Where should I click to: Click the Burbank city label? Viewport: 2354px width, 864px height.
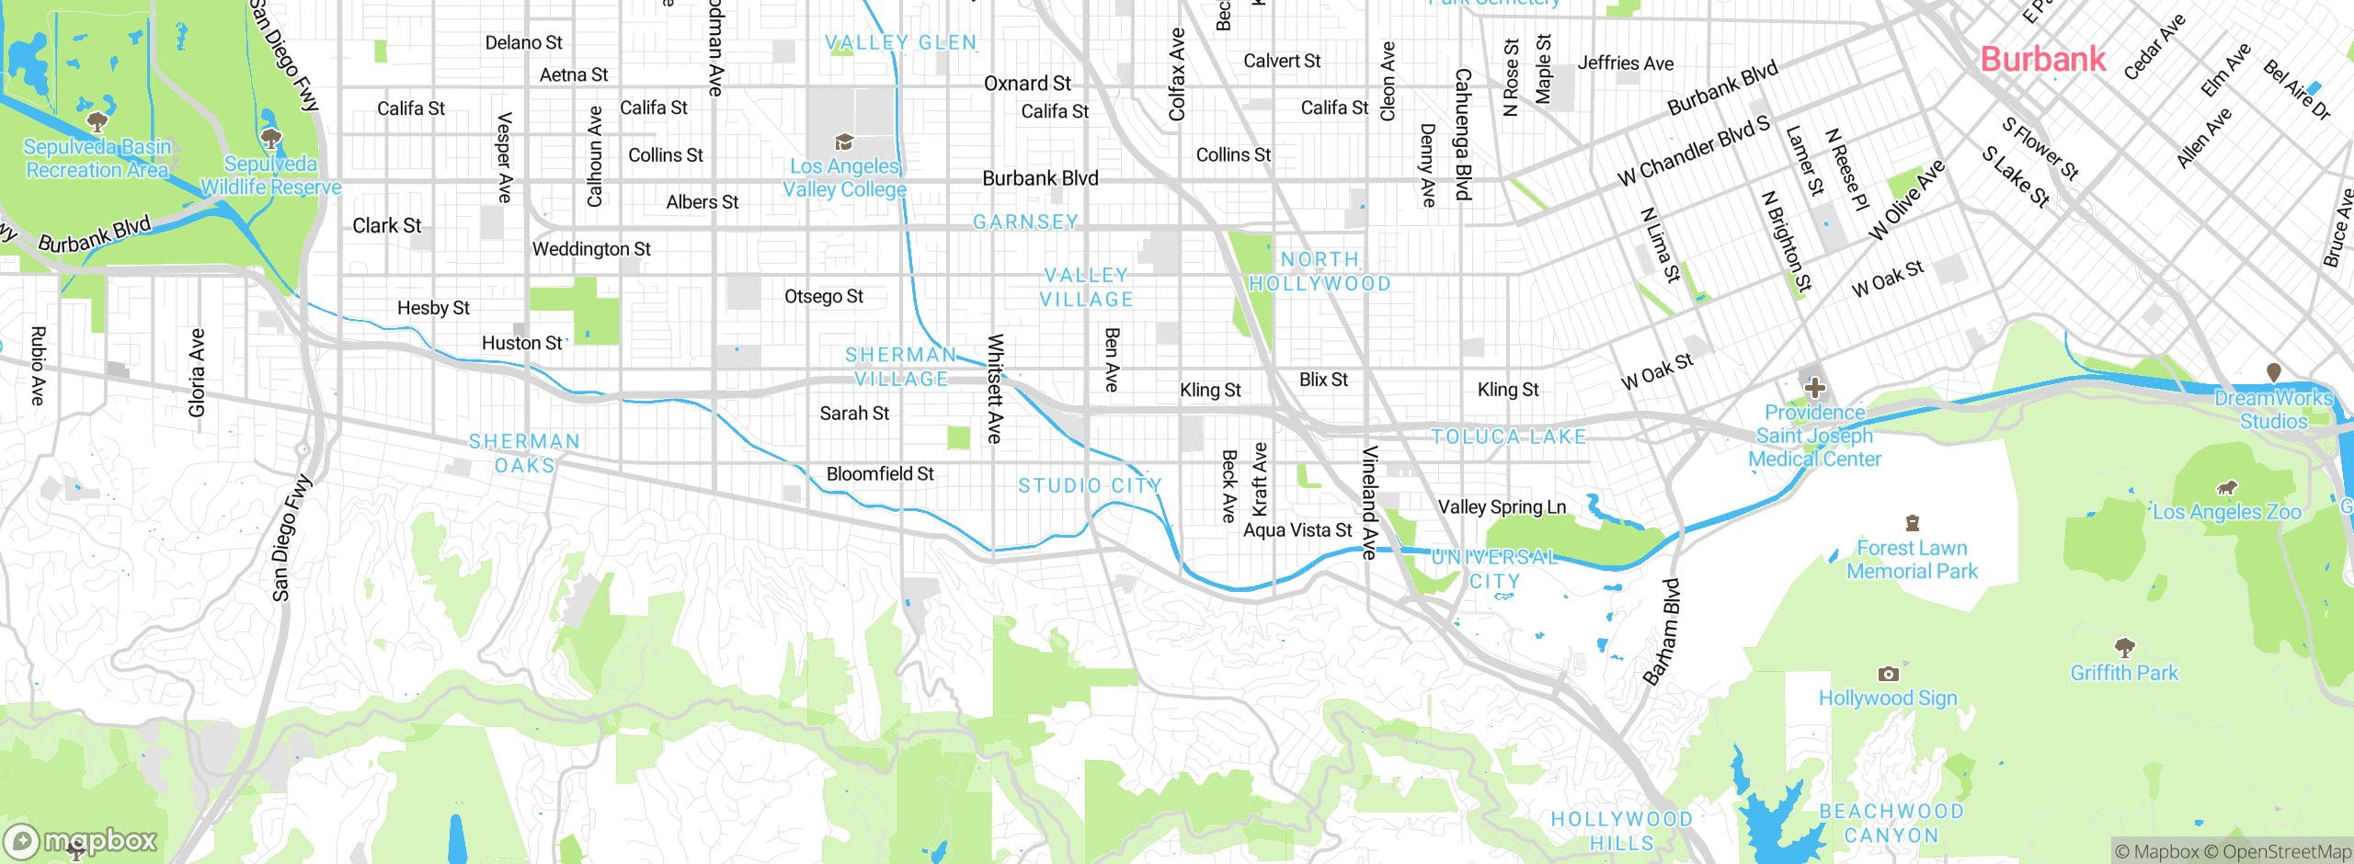click(2042, 60)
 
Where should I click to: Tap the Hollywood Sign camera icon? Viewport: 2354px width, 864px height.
click(1888, 674)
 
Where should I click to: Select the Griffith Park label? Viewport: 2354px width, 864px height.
click(2123, 673)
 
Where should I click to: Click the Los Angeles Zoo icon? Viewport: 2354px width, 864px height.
click(2226, 488)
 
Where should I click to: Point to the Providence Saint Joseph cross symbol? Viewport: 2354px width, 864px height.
click(1814, 388)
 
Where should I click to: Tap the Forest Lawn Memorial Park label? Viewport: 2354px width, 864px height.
click(1912, 559)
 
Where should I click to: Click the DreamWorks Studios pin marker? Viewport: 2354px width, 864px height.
click(2273, 372)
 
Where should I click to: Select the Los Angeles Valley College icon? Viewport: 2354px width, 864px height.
click(843, 142)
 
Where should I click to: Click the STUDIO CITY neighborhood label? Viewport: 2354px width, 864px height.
click(1090, 485)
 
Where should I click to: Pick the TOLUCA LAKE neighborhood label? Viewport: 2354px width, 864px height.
click(1509, 437)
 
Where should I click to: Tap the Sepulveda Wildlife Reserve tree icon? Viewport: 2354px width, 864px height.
click(270, 139)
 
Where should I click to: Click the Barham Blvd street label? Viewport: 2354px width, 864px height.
click(1663, 632)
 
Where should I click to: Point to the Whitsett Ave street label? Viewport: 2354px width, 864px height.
click(994, 389)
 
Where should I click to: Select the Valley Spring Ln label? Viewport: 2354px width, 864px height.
click(1502, 506)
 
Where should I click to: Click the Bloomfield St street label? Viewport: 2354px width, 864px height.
click(880, 473)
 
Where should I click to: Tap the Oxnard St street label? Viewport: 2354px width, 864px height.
click(1027, 84)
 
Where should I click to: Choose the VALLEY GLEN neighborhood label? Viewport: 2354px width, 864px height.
click(900, 42)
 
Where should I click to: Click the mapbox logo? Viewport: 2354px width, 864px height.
click(81, 840)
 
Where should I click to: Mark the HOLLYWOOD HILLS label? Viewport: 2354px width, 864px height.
click(1621, 831)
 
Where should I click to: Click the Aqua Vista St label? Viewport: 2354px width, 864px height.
click(1297, 530)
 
